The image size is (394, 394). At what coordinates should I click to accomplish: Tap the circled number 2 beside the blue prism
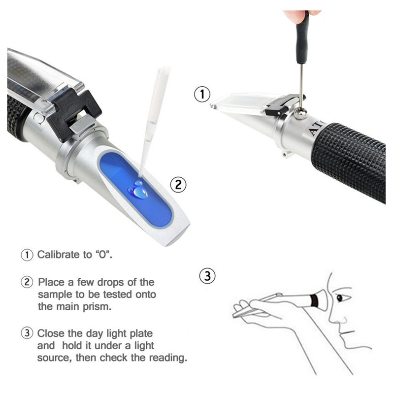click(178, 185)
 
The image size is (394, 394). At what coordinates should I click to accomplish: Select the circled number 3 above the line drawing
click(207, 276)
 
